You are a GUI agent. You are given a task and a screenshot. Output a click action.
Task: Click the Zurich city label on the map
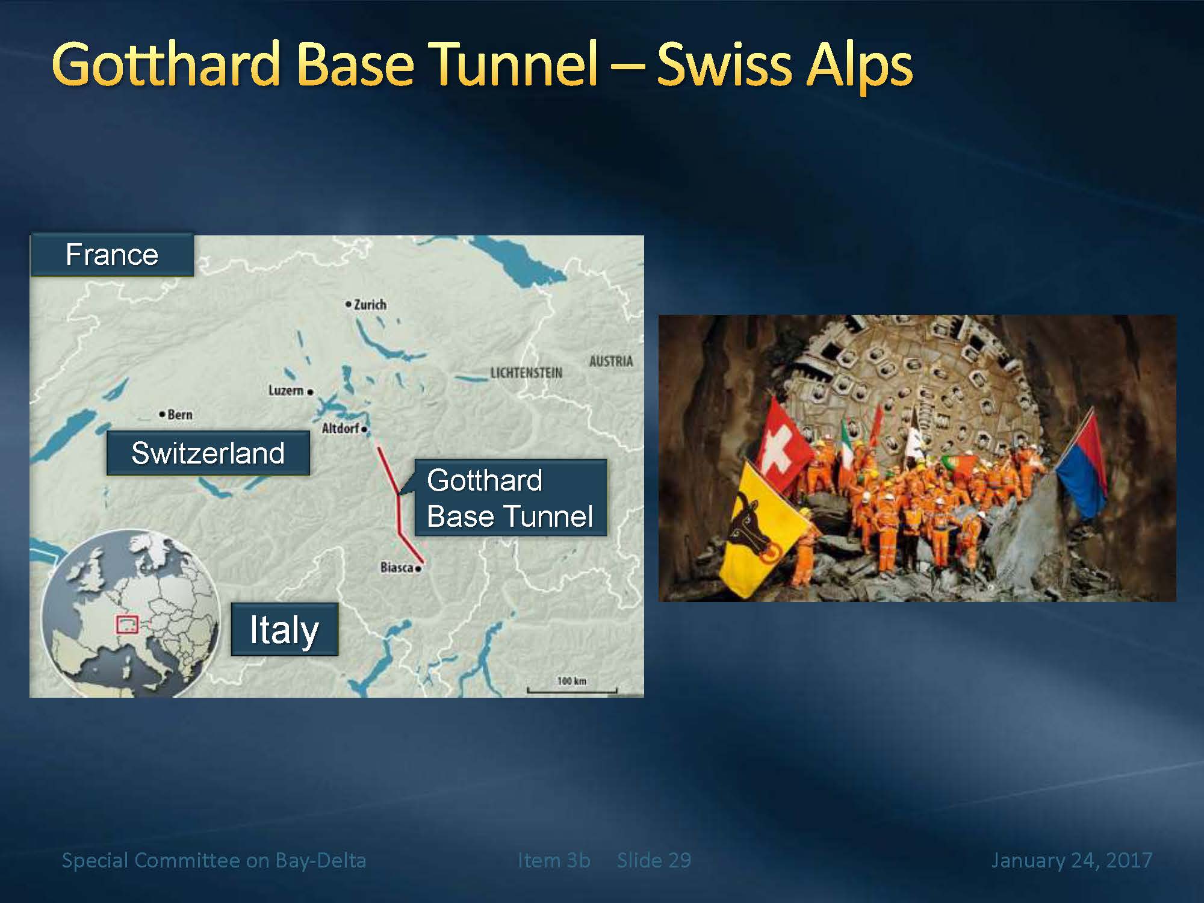pyautogui.click(x=370, y=305)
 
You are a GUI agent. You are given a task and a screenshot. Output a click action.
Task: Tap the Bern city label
pyautogui.click(x=180, y=415)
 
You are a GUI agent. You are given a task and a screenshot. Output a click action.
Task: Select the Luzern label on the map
pyautogui.click(x=286, y=391)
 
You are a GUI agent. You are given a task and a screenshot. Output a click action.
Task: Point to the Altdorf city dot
pyautogui.click(x=365, y=429)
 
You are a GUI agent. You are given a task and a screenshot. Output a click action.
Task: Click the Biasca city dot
pyautogui.click(x=418, y=568)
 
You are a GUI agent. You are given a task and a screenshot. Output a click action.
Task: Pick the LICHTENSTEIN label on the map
pyautogui.click(x=526, y=373)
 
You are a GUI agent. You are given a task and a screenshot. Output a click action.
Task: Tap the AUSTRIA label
pyautogui.click(x=611, y=361)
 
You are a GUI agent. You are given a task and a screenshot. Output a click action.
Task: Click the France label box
pyautogui.click(x=112, y=255)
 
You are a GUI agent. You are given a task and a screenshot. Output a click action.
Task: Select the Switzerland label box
pyautogui.click(x=208, y=453)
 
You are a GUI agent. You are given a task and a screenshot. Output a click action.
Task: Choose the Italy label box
pyautogui.click(x=285, y=629)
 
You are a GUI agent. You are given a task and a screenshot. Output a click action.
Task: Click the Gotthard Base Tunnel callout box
pyautogui.click(x=510, y=498)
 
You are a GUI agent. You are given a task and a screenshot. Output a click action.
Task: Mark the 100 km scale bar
pyautogui.click(x=572, y=690)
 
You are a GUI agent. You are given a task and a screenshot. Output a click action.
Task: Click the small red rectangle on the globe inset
pyautogui.click(x=126, y=624)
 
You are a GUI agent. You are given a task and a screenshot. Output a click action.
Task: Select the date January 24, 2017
pyautogui.click(x=1072, y=860)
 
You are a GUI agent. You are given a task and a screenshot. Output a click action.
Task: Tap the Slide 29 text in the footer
pyautogui.click(x=654, y=860)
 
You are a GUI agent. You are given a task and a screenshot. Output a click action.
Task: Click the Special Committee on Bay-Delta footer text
pyautogui.click(x=214, y=860)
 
